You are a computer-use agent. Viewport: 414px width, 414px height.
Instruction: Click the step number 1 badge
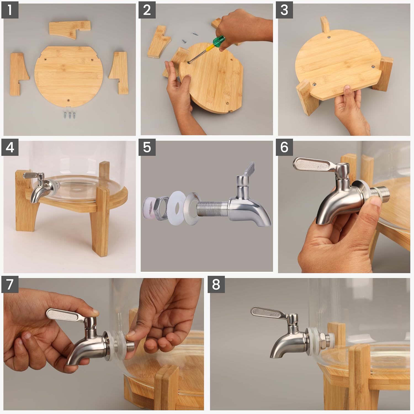coord(10,10)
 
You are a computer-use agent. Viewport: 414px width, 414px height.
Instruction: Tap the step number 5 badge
coord(147,148)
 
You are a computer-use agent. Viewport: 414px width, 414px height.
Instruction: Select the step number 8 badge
coord(216,285)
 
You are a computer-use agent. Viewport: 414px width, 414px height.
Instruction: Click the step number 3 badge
coord(284,10)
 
